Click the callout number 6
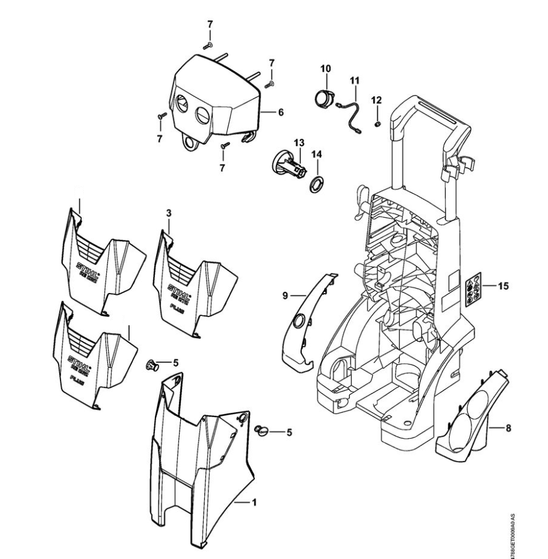coord(281,112)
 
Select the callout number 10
coord(325,67)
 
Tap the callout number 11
coord(354,80)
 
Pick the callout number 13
coord(298,143)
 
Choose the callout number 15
coord(504,286)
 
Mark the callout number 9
coord(286,296)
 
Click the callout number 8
coord(507,426)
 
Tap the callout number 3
coord(168,212)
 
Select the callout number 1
coord(254,502)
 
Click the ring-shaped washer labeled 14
coord(317,183)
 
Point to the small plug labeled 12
coord(378,124)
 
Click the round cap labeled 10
coord(322,97)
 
